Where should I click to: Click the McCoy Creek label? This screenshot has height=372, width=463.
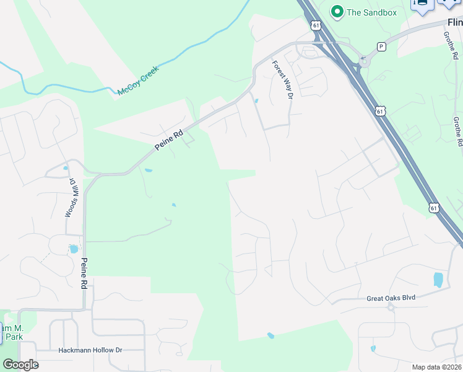click(x=138, y=81)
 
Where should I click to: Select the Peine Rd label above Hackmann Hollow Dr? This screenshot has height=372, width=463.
click(x=84, y=273)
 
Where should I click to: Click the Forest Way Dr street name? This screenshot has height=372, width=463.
click(x=282, y=78)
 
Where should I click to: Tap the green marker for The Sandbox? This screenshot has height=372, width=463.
click(x=337, y=11)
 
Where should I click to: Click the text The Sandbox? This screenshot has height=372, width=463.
click(x=370, y=11)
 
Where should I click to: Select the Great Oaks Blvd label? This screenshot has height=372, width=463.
click(x=391, y=298)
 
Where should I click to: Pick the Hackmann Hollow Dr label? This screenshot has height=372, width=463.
click(x=90, y=350)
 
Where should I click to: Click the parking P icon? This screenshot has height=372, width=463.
click(x=381, y=46)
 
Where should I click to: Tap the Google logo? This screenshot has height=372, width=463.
click(x=20, y=365)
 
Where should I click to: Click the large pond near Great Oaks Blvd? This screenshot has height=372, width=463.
click(x=438, y=279)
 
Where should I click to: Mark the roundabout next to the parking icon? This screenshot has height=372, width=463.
click(x=365, y=61)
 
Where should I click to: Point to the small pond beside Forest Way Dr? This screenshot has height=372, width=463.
click(x=256, y=101)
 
